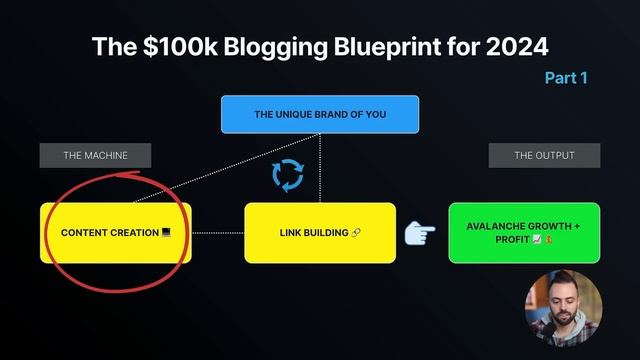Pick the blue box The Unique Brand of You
[320, 115]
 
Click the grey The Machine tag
[96, 155]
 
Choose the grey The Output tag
[544, 155]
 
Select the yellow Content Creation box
[115, 232]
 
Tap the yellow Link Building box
[320, 232]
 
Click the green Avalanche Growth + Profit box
[524, 232]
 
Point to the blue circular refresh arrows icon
[288, 176]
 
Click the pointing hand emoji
[420, 233]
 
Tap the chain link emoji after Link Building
[357, 233]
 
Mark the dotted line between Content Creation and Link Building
[217, 233]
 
